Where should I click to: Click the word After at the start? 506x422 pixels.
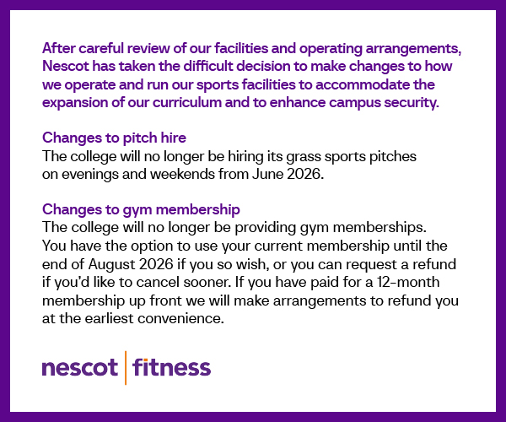tap(59, 48)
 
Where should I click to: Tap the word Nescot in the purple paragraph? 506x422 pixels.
tap(66, 66)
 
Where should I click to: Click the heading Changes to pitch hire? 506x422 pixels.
tap(114, 138)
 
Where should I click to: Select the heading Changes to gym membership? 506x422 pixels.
tap(141, 210)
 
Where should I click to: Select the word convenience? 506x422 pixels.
tap(180, 319)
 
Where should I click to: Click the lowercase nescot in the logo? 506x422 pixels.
tap(80, 367)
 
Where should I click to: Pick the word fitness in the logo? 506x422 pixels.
tap(171, 367)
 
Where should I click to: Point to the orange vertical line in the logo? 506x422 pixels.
tap(125, 368)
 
